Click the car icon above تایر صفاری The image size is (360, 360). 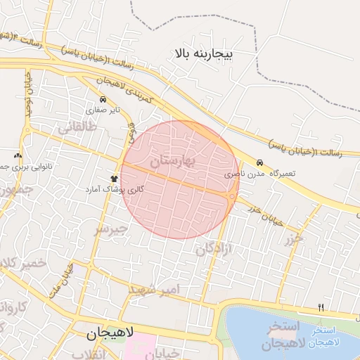104,99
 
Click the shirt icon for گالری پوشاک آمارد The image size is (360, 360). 114,179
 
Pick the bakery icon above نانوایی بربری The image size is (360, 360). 18,155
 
